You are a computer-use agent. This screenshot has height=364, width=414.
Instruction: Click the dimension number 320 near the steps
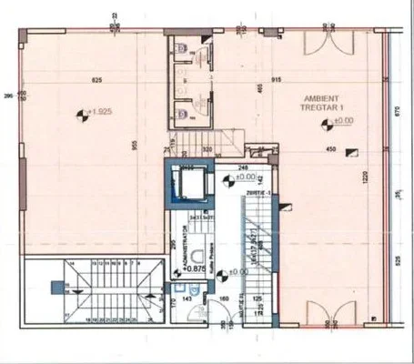click(207, 148)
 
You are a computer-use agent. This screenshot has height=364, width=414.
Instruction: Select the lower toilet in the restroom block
click(184, 114)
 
